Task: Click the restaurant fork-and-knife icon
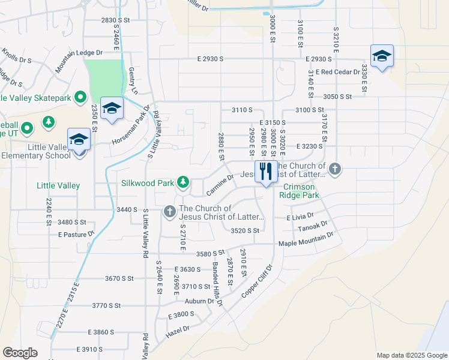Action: (x=265, y=172)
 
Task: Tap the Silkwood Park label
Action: (x=146, y=182)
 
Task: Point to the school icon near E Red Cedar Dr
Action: (x=382, y=56)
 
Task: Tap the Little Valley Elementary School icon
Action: (x=79, y=140)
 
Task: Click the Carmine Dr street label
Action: (x=219, y=185)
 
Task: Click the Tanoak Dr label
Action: (x=313, y=227)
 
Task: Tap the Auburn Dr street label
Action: (x=199, y=301)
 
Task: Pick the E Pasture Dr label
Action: (x=76, y=234)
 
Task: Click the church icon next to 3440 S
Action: (x=169, y=211)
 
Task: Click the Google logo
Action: (x=20, y=353)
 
